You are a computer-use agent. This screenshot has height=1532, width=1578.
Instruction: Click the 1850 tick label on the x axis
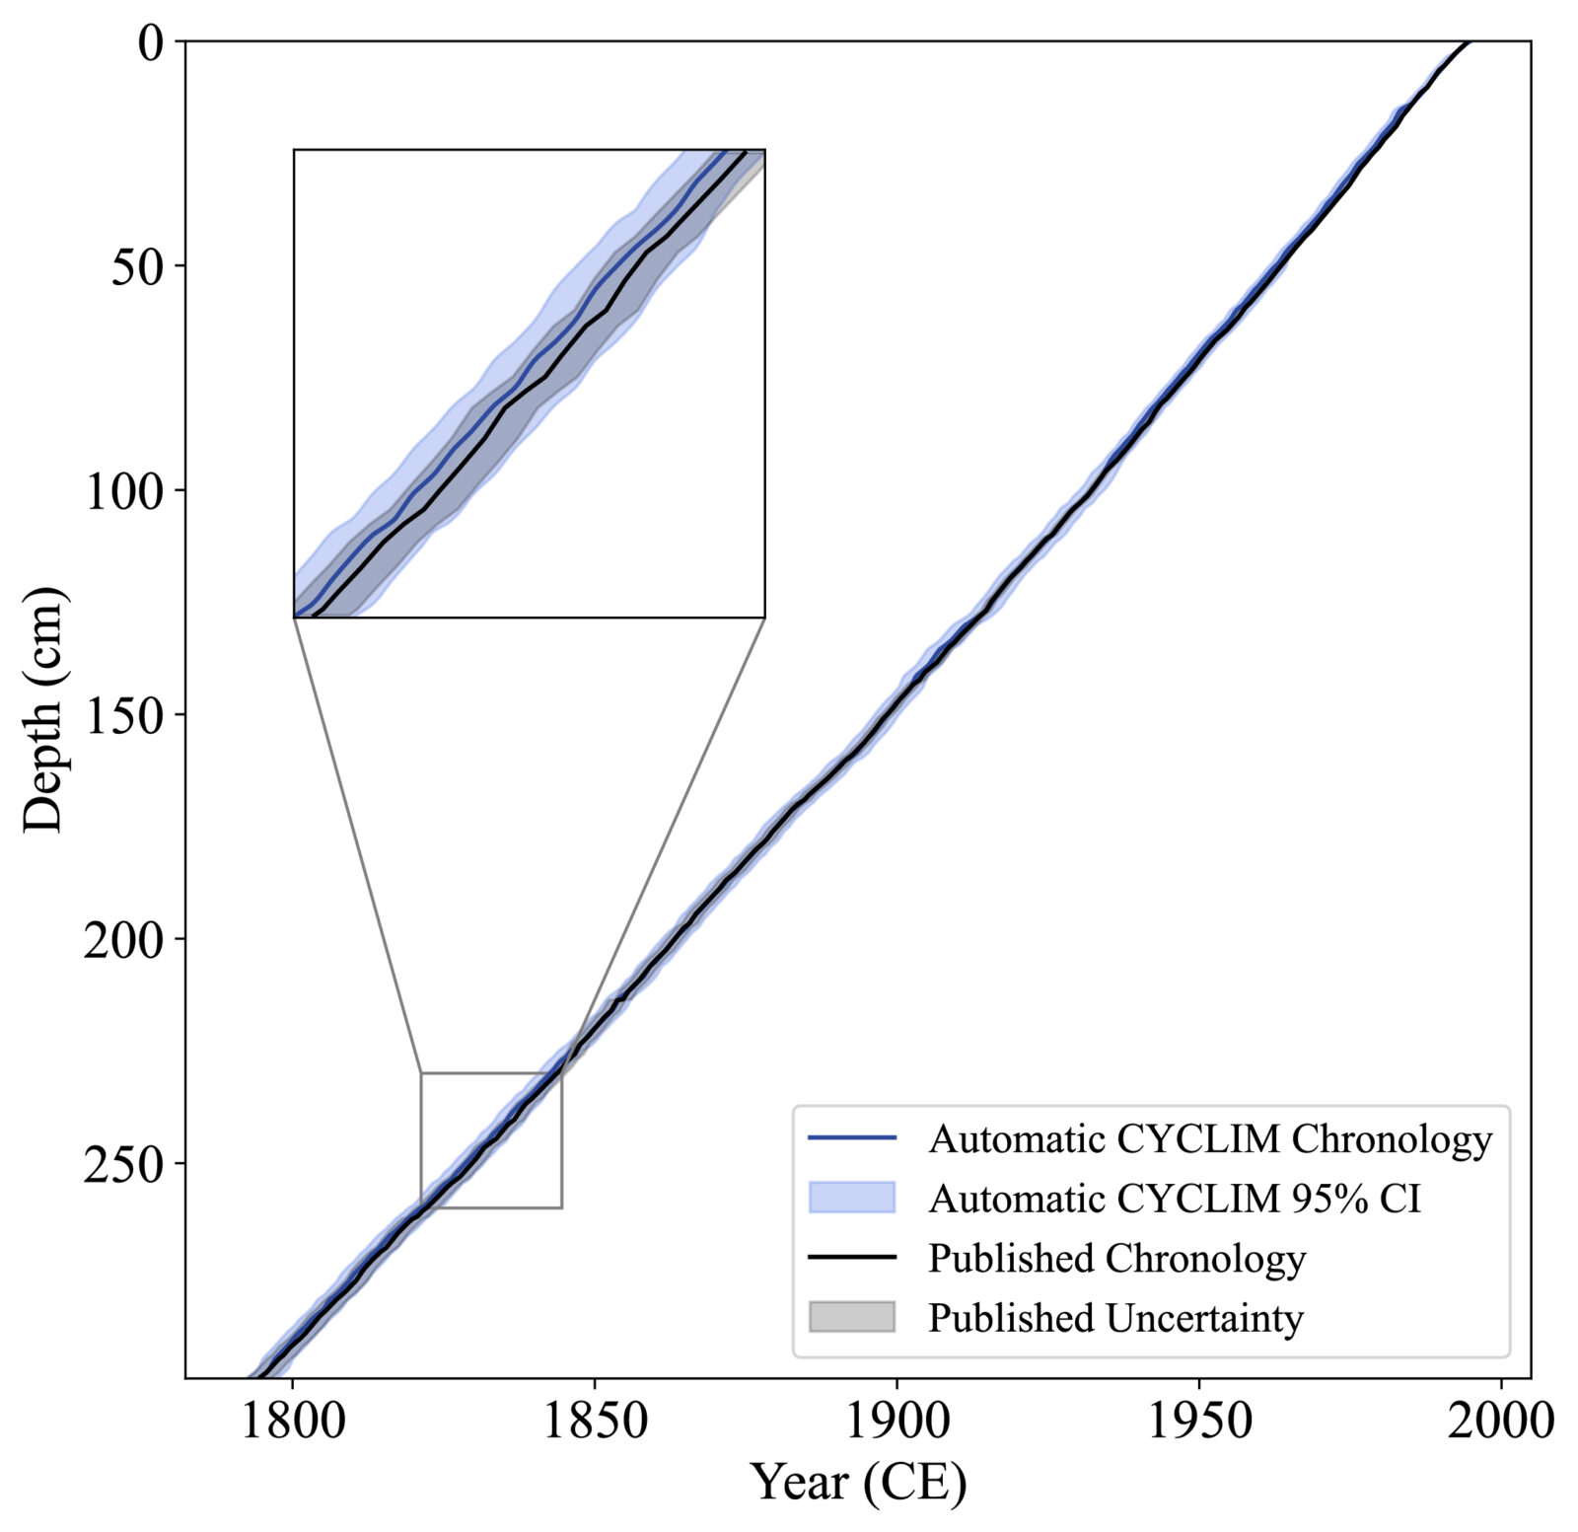point(595,1422)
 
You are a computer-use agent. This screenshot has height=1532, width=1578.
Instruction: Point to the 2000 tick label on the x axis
point(1500,1422)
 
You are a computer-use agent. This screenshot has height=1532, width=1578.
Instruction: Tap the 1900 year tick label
point(897,1422)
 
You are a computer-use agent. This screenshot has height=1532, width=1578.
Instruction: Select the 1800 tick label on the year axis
point(293,1422)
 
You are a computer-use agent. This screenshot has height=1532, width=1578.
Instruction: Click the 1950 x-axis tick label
point(1198,1422)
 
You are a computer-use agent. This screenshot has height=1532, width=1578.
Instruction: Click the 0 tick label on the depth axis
point(149,42)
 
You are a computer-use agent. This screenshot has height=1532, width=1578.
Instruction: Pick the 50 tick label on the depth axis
point(136,266)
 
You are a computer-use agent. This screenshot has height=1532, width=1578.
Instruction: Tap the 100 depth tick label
point(123,490)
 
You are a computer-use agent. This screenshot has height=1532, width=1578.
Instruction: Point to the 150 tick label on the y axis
point(123,714)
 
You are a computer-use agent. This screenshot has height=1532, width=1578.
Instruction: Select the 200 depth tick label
point(123,939)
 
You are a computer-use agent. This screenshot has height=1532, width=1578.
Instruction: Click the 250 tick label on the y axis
point(123,1164)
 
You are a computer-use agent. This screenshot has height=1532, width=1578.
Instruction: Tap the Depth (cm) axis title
point(43,709)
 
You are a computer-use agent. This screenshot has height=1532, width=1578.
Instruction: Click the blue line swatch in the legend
point(851,1138)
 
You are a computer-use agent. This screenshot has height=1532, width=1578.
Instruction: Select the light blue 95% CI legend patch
point(851,1198)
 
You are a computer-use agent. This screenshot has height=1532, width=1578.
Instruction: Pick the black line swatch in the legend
point(851,1258)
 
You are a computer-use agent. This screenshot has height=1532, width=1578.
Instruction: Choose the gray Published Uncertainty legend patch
point(851,1317)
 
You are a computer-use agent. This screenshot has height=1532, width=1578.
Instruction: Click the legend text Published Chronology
point(1116,1259)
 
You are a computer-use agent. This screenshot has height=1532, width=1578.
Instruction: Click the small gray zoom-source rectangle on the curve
point(491,1139)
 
